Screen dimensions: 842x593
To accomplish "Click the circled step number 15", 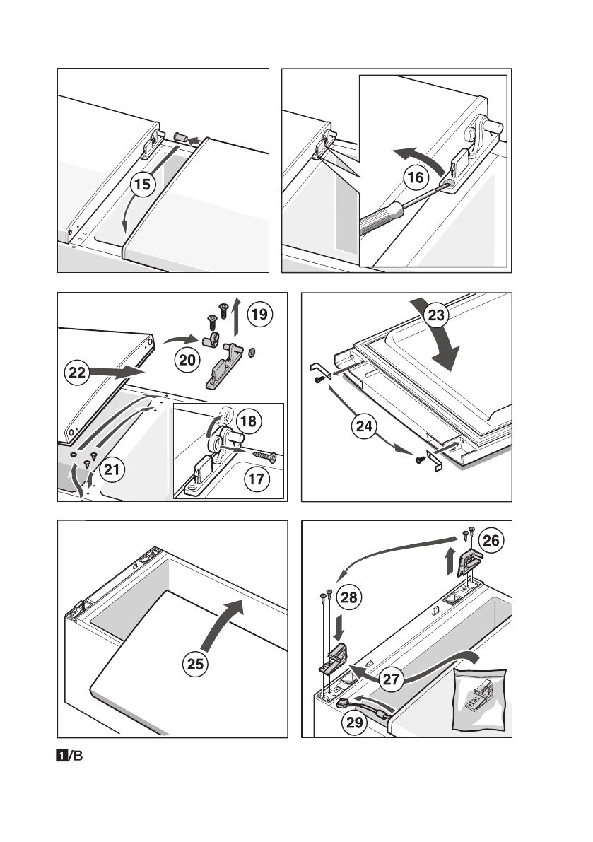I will tap(143, 185).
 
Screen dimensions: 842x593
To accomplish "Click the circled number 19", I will tap(260, 313).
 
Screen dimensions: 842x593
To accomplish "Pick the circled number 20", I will tap(187, 360).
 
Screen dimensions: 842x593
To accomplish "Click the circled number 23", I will tap(437, 315).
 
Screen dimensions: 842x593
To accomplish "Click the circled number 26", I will tap(491, 541).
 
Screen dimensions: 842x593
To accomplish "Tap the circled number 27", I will tap(389, 679).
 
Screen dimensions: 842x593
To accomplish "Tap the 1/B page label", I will tap(70, 756).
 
